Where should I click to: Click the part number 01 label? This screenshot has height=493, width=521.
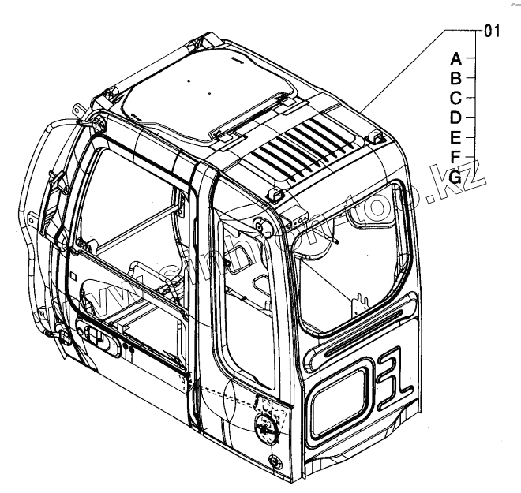click(491, 32)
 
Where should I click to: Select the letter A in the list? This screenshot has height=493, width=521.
click(455, 58)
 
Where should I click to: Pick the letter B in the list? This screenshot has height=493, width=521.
click(455, 78)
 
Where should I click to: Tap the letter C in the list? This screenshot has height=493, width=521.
click(455, 98)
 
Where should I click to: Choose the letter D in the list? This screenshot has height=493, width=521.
click(455, 118)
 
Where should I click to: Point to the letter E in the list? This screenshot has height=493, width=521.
click(455, 137)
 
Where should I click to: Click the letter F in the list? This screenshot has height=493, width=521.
click(455, 157)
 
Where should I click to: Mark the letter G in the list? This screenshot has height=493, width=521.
click(455, 177)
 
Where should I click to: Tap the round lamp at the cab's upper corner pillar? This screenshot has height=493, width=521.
click(261, 226)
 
